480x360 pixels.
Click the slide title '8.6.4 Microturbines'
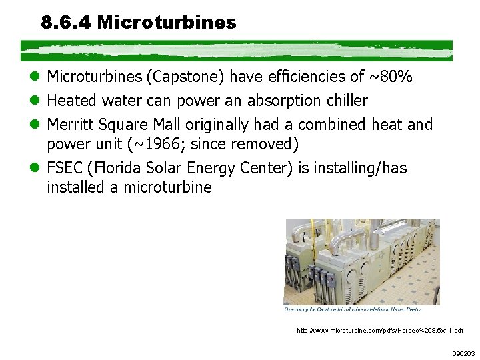coord(139,23)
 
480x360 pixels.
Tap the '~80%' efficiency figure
coord(390,78)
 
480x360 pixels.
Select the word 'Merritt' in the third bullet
coord(71,125)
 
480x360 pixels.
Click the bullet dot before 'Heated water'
coord(37,101)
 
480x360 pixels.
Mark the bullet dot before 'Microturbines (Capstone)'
coord(37,78)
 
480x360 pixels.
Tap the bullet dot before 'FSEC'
coord(37,168)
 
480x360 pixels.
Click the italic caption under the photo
coord(353,309)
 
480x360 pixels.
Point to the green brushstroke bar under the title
coord(237,51)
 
